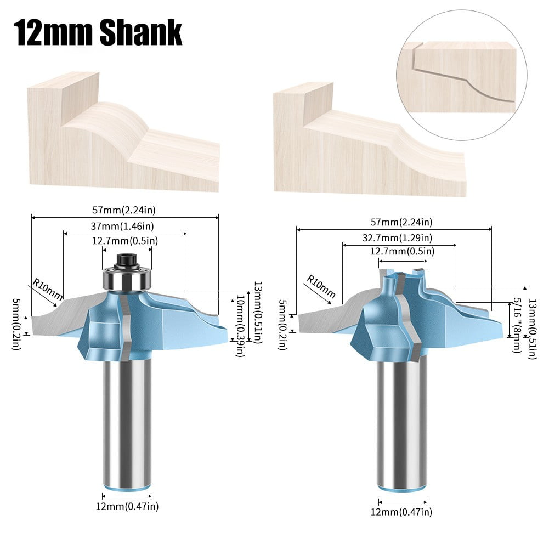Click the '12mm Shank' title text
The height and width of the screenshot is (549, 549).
point(98,32)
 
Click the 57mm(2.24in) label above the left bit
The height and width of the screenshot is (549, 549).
point(125,210)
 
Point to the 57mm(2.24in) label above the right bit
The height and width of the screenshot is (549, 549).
point(393,222)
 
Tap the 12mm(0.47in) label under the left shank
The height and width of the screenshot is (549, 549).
point(127,506)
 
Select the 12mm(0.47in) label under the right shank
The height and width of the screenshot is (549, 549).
point(402,512)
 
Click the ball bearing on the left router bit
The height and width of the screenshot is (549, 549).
point(127,278)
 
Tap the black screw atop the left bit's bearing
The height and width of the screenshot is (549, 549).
point(127,258)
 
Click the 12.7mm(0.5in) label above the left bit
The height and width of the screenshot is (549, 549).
point(125,240)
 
